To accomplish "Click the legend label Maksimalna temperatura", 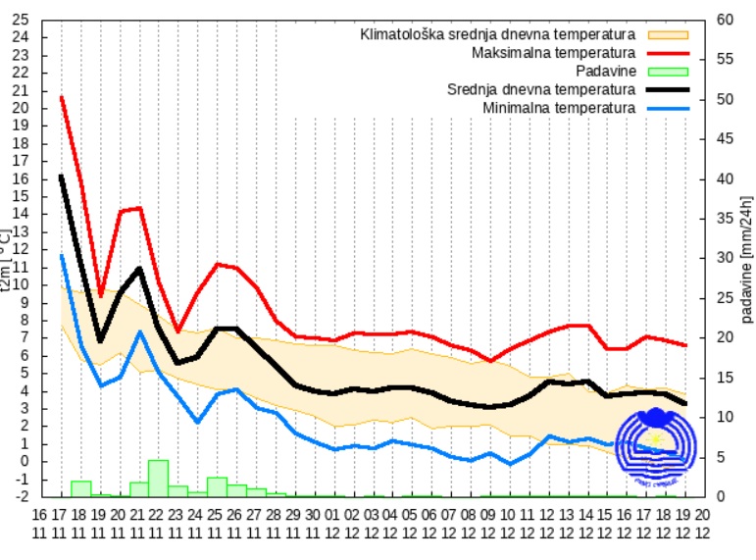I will (x=553, y=52).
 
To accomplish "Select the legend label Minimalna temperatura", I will (x=559, y=107).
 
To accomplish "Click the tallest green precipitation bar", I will (x=158, y=478).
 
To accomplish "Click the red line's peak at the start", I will (x=61, y=97).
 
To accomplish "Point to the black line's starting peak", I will (x=61, y=176).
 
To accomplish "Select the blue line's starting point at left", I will (x=61, y=255).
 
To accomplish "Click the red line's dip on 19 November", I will (x=100, y=295).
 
